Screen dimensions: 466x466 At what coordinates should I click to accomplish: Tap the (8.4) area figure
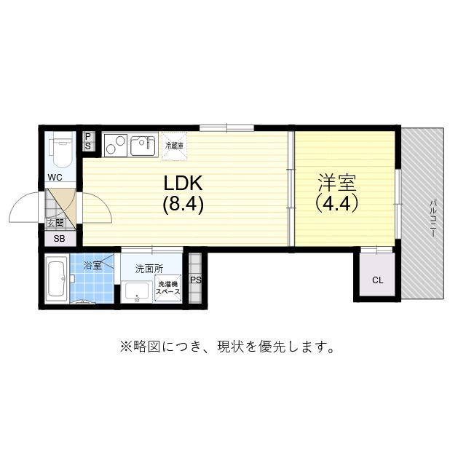tap(183, 205)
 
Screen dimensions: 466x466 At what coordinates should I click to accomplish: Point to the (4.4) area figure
tap(336, 204)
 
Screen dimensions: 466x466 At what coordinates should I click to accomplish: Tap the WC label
tap(55, 177)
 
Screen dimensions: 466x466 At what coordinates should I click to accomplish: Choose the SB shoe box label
tap(58, 238)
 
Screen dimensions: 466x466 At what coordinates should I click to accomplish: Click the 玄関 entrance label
tap(55, 223)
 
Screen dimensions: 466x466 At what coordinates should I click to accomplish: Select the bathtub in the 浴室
tap(56, 279)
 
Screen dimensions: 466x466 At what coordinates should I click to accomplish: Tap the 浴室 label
tap(92, 266)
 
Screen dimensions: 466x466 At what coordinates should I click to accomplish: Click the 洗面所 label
tap(149, 268)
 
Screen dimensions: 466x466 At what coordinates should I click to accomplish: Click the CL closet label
tap(376, 280)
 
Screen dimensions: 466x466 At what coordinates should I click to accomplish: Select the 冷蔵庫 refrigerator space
tap(174, 145)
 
